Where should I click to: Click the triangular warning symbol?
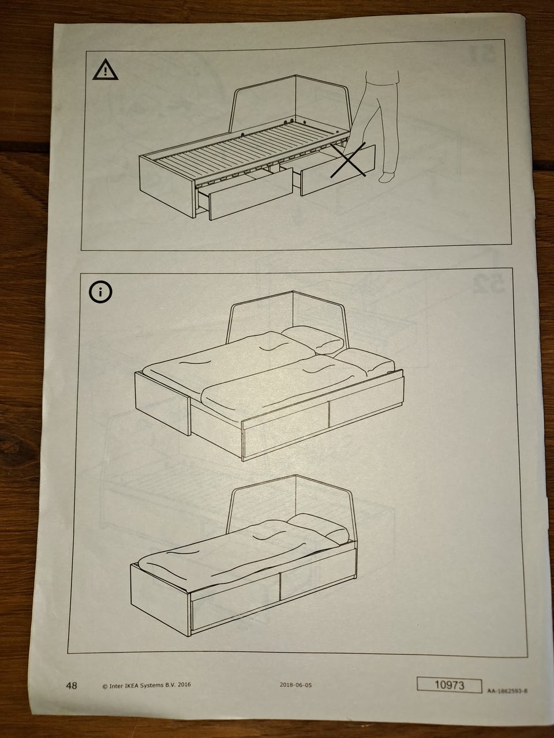(105, 70)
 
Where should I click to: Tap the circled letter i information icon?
(100, 292)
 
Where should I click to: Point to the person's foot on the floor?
(386, 178)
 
